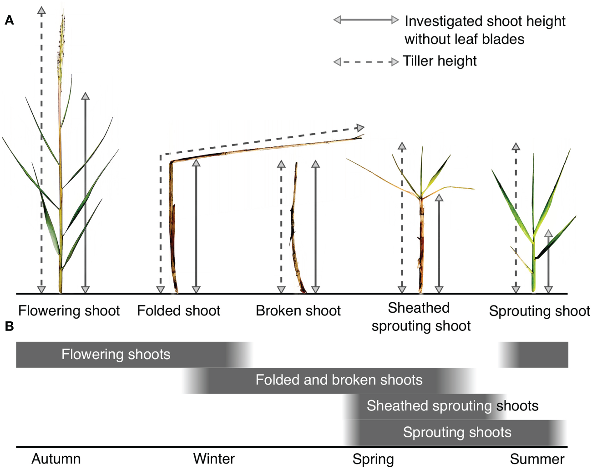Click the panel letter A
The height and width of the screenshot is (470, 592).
tap(9, 20)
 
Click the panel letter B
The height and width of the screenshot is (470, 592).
tap(9, 326)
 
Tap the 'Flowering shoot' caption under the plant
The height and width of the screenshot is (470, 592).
tap(69, 311)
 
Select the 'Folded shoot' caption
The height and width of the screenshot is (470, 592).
tap(178, 311)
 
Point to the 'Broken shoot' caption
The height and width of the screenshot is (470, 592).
tap(298, 311)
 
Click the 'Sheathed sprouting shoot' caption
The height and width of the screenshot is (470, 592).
tap(420, 317)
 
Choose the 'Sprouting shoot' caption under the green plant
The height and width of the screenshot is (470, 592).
tap(539, 311)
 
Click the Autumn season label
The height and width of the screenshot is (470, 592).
tap(56, 459)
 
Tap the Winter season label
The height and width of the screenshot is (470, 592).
tap(214, 459)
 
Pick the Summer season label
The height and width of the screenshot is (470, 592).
tap(537, 459)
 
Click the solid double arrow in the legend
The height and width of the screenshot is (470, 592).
tap(366, 20)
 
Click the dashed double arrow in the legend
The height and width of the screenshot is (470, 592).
tap(366, 62)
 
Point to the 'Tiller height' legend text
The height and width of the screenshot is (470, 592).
tap(440, 61)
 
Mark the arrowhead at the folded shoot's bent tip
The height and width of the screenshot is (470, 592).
tap(360, 128)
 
